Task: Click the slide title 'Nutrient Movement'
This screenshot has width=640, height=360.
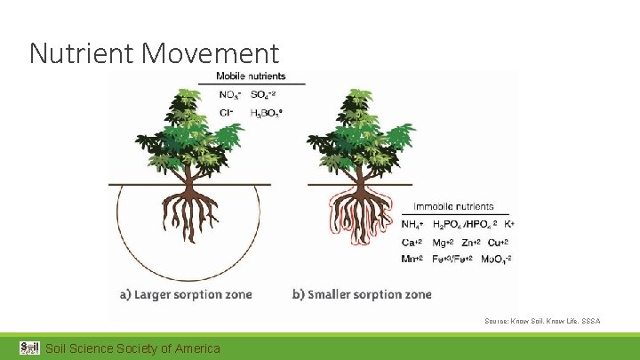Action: (x=154, y=53)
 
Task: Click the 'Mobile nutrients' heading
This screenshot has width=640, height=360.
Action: (x=251, y=76)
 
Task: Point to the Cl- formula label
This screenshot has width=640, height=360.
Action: (x=227, y=112)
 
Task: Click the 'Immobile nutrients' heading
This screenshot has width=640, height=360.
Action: (x=454, y=206)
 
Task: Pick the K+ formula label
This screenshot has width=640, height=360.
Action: (x=509, y=225)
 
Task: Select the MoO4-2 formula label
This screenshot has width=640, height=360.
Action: (x=496, y=259)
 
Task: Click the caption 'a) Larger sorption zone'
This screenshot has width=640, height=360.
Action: (x=186, y=294)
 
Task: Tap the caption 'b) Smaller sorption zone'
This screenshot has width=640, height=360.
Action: (x=362, y=294)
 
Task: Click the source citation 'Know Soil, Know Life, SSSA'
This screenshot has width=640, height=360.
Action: (x=542, y=320)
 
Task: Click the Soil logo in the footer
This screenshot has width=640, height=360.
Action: (x=29, y=348)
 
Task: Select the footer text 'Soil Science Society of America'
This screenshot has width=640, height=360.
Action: (x=132, y=348)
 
